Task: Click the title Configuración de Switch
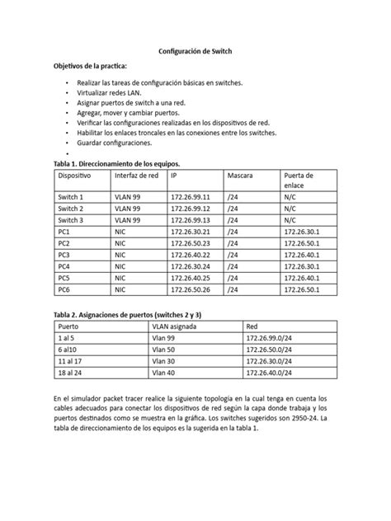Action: pyautogui.click(x=195, y=50)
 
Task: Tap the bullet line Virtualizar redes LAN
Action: pyautogui.click(x=109, y=96)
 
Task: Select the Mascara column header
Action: pyautogui.click(x=240, y=176)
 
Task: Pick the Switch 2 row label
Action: pyautogui.click(x=71, y=210)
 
